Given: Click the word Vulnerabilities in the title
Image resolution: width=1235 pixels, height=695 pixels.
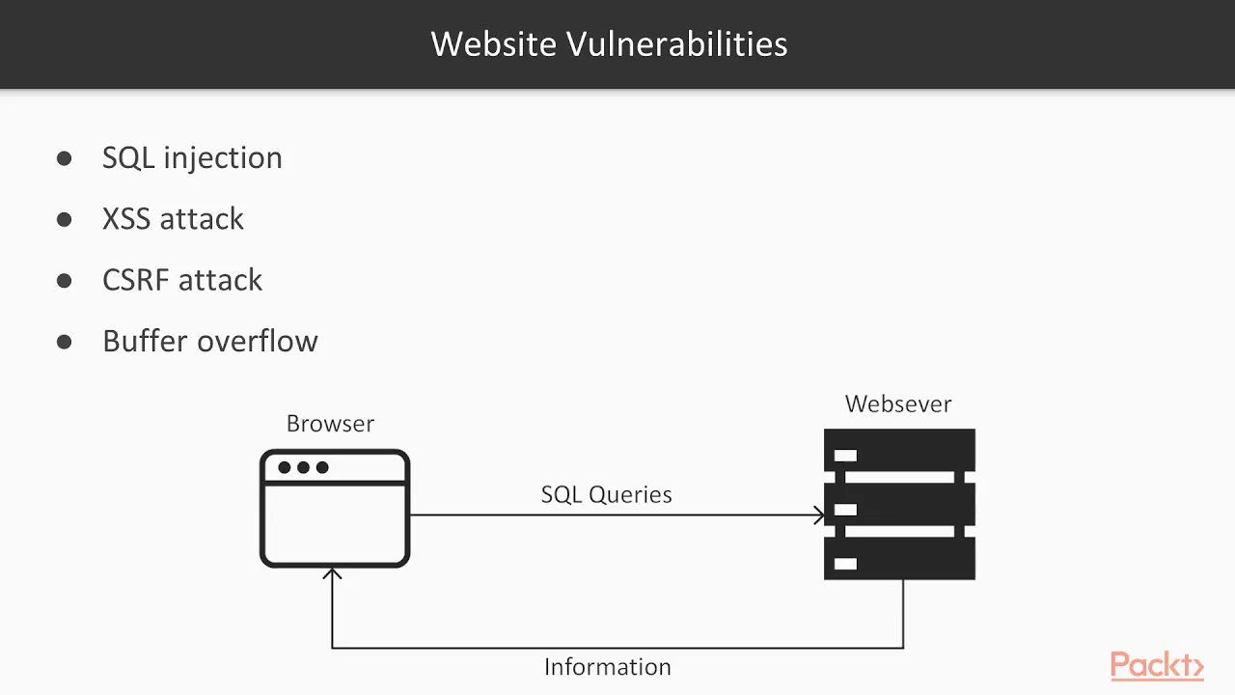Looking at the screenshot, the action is [677, 43].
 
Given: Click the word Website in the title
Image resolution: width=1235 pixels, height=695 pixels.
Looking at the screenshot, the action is [493, 43].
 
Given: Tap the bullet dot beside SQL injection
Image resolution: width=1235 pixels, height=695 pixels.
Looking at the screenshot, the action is [64, 158].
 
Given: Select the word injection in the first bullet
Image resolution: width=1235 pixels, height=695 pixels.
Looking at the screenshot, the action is [223, 159].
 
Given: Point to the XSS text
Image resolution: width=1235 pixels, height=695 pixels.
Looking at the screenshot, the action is [126, 218].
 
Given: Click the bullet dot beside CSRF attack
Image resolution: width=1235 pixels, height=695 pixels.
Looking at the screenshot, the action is [64, 281].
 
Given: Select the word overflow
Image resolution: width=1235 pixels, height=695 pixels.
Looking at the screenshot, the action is [258, 341].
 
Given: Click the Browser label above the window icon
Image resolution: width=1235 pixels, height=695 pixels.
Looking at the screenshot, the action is [330, 424].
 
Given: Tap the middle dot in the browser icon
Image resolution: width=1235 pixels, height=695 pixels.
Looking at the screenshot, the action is [303, 468].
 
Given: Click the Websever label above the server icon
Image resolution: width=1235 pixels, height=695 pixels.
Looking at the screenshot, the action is [898, 403].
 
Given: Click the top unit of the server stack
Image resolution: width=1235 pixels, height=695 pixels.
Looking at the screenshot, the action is [899, 450].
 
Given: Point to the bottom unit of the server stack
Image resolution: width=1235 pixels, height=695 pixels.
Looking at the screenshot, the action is [899, 558].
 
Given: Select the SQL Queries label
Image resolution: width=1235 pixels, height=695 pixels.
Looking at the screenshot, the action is [607, 495].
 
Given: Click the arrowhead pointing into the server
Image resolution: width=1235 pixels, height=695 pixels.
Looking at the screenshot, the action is [820, 515].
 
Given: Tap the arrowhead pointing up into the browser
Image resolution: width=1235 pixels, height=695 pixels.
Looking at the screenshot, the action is [332, 573].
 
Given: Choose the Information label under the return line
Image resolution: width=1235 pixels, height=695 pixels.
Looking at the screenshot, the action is [608, 667].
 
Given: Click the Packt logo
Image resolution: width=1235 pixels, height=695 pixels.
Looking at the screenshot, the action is [1157, 665].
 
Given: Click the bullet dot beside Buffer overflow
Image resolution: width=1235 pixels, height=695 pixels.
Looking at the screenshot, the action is [64, 342].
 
